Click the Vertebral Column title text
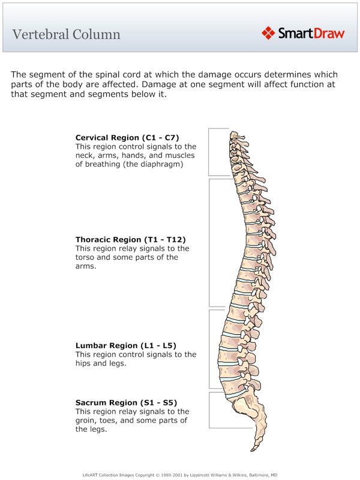click(66, 34)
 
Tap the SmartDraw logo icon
click(268, 33)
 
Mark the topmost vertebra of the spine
click(233, 136)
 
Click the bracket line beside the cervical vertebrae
click(209, 152)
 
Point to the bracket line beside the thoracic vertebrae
click(209, 242)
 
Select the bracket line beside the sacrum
click(209, 410)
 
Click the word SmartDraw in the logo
click(311, 34)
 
